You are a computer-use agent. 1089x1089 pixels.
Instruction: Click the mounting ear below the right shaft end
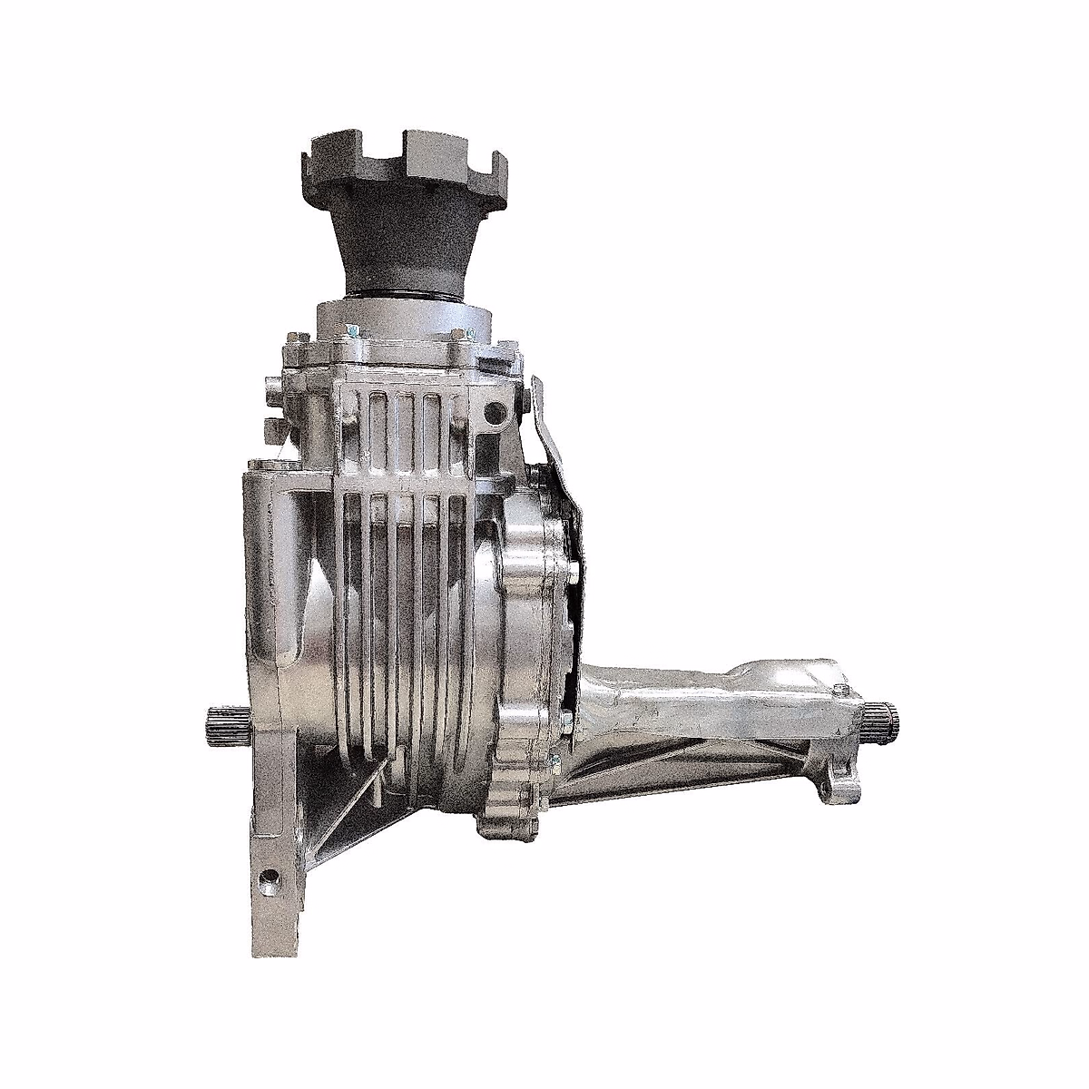[x=837, y=785]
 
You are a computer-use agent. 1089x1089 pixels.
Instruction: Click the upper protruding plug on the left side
[x=270, y=390]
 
